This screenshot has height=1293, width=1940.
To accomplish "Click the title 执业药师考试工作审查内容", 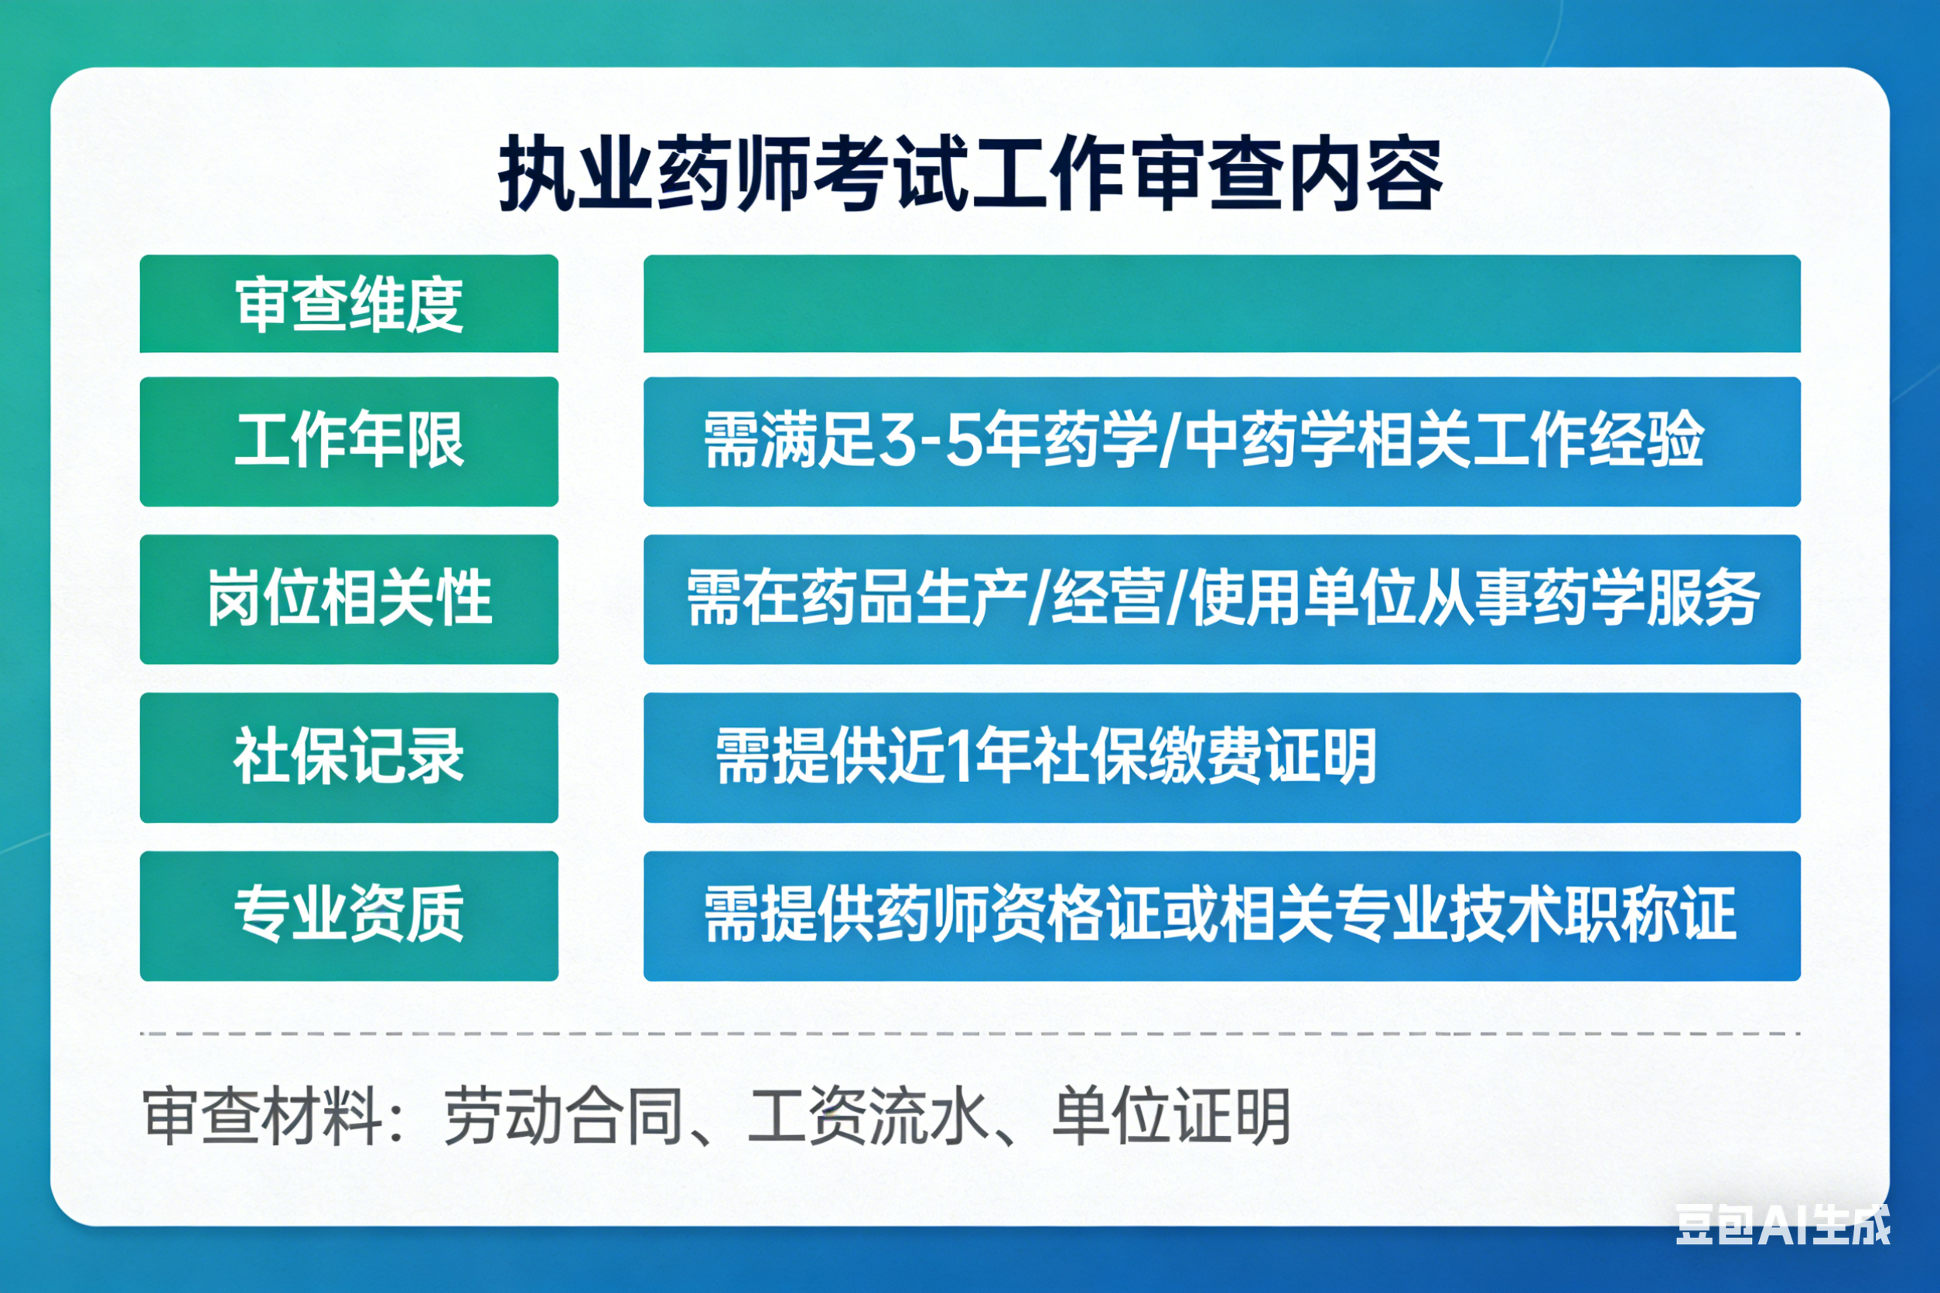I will [x=970, y=175].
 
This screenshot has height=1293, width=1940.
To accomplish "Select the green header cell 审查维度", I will [x=349, y=304].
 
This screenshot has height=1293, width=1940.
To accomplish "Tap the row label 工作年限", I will [x=349, y=440].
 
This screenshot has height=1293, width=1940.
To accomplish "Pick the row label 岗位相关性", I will [x=349, y=599].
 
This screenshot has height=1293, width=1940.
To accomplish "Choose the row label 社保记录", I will [x=349, y=757].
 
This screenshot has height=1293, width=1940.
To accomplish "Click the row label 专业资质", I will [x=349, y=916].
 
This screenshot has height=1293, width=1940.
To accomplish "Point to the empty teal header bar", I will [x=1221, y=304].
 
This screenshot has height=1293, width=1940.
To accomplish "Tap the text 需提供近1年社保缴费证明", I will [x=1045, y=757].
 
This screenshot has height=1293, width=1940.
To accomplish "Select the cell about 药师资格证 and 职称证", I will [x=1220, y=916].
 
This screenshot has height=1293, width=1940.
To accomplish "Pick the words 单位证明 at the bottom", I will [x=1171, y=1117].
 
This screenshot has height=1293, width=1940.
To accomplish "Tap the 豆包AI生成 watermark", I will [x=1782, y=1224].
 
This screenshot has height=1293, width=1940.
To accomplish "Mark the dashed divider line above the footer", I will [x=970, y=1033].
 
